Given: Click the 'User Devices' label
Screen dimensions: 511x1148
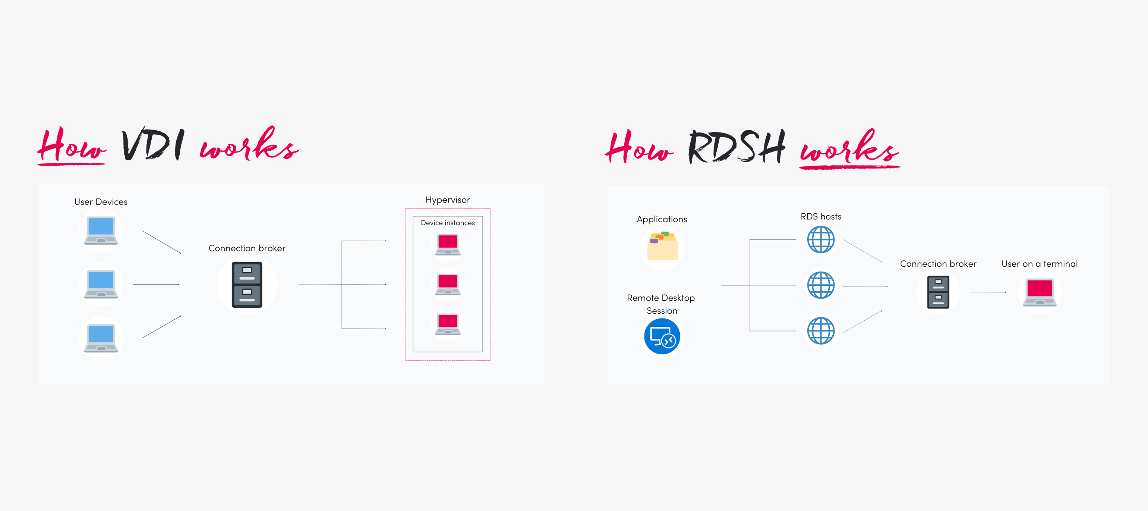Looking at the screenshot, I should click(101, 202).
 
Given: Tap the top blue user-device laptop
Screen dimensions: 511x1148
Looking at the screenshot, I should click(101, 230).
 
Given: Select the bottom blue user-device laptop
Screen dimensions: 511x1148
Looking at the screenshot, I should click(101, 338).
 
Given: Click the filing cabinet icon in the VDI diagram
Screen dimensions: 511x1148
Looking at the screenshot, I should click(247, 285).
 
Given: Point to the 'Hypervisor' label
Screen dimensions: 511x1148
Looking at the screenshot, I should click(447, 200).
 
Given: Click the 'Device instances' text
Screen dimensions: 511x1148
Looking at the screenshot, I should click(447, 223).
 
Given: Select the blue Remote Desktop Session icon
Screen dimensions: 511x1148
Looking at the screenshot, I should click(662, 337).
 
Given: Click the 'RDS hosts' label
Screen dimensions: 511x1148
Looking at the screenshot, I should click(820, 217).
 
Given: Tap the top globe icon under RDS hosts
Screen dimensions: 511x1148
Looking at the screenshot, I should click(820, 239).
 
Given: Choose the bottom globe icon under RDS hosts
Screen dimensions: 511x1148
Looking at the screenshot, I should click(820, 331).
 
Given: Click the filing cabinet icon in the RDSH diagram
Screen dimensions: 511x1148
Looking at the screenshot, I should click(938, 292).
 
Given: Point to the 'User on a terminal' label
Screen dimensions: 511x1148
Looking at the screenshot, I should click(1039, 264).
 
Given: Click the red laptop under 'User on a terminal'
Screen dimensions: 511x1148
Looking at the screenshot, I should click(1039, 292).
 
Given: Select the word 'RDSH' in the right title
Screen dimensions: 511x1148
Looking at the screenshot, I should click(736, 147).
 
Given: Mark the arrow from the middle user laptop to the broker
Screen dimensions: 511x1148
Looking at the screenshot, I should click(156, 285).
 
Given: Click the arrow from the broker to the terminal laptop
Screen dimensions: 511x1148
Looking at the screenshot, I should click(988, 292).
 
